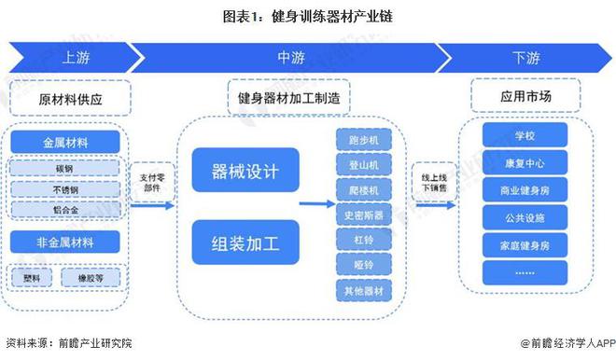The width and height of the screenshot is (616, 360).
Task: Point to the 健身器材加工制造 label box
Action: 288,97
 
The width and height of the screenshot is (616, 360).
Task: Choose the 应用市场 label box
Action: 525,97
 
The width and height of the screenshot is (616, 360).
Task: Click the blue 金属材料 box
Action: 68,144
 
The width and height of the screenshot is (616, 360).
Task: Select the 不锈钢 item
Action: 68,190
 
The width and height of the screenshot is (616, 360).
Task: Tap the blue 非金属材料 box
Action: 68,242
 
